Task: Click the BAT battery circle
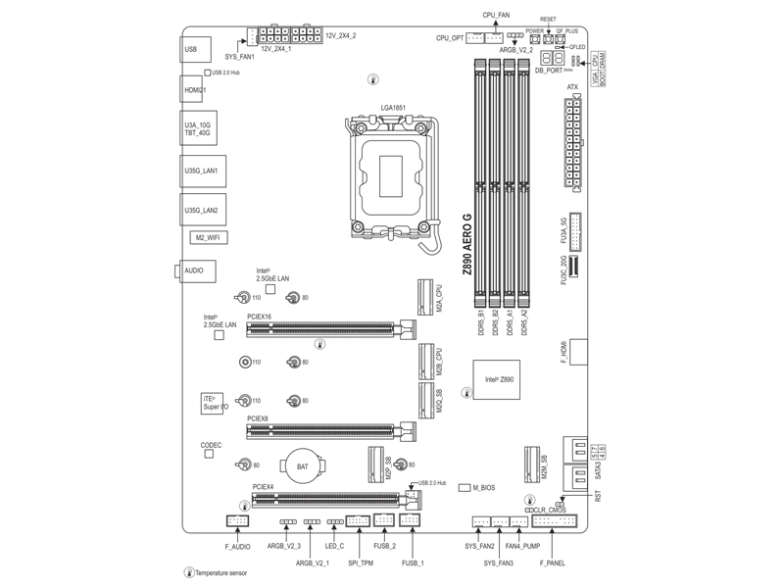pos(302,465)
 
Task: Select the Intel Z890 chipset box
pos(497,378)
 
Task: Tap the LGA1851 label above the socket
pos(393,108)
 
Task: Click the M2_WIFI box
pos(205,237)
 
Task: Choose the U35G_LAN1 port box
pos(201,171)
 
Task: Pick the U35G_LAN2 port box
pos(201,210)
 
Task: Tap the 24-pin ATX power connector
pos(573,141)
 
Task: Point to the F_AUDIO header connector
pos(238,521)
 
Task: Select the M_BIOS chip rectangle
pos(465,487)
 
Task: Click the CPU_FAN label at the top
pos(497,17)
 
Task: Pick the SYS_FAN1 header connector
pos(252,36)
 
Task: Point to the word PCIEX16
pos(260,317)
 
